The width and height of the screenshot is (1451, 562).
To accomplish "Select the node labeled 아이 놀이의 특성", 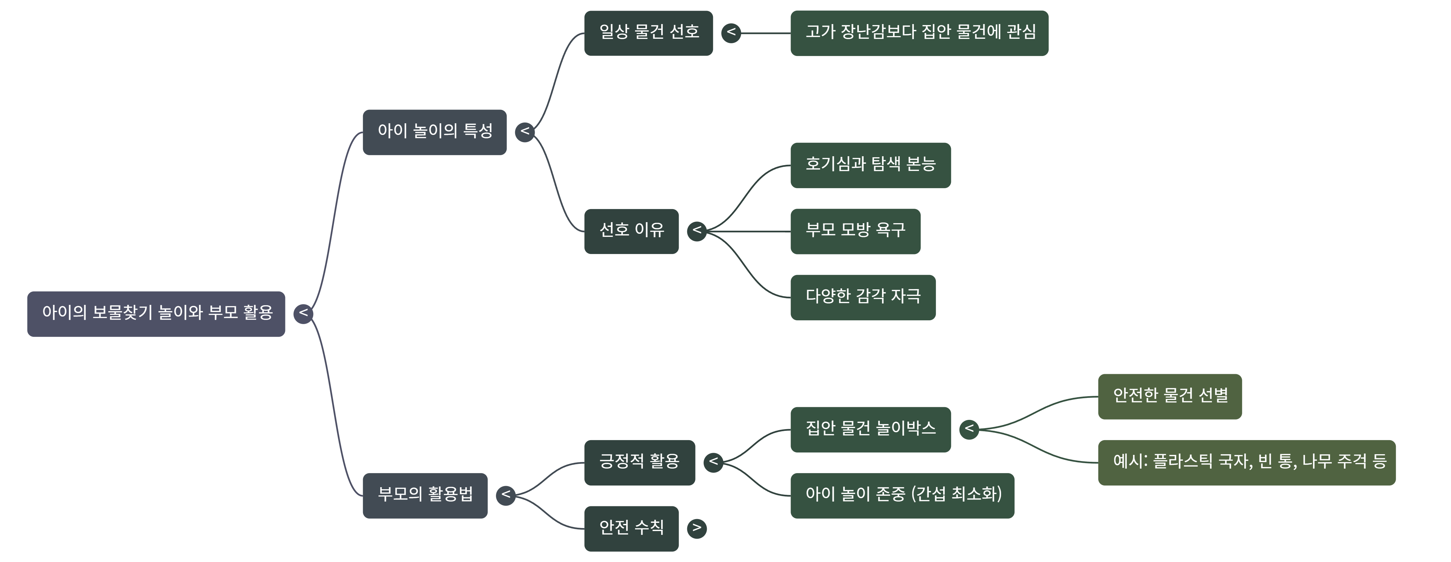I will (x=434, y=132).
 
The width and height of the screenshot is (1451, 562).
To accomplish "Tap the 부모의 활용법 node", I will (x=425, y=495).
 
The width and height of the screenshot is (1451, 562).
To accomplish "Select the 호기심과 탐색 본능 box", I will (x=870, y=165).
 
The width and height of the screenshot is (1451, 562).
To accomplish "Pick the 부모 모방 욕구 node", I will (x=855, y=231).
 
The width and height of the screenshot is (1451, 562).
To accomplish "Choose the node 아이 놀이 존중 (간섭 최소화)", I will (x=903, y=495).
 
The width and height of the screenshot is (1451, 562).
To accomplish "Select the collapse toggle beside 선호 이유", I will (x=697, y=231).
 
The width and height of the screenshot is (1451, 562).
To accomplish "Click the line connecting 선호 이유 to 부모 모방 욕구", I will (x=749, y=231).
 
